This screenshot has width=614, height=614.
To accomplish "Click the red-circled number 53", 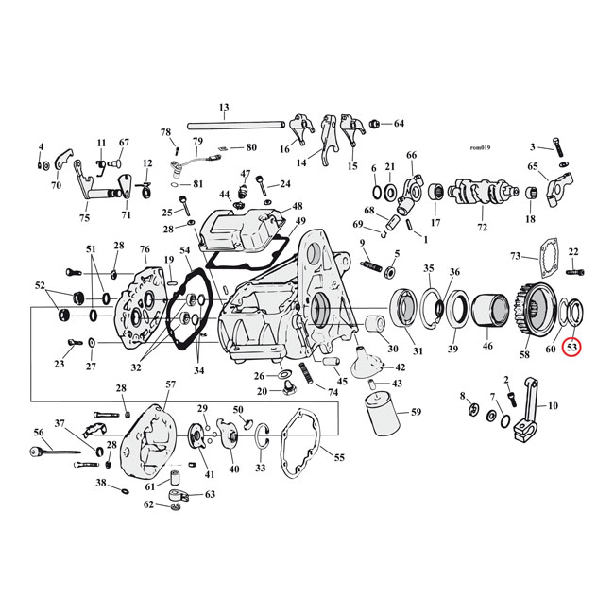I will pyautogui.click(x=572, y=348).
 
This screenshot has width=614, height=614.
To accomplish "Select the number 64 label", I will pyautogui.click(x=398, y=124).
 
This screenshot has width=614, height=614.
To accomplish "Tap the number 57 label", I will pyautogui.click(x=170, y=384).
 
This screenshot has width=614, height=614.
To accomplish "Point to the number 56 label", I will pyautogui.click(x=39, y=432).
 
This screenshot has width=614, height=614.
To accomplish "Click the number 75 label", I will pyautogui.click(x=84, y=218).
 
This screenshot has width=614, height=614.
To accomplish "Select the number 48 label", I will pyautogui.click(x=297, y=206).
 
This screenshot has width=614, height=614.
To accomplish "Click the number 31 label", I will pyautogui.click(x=417, y=352).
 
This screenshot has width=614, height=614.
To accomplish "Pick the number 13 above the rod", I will pyautogui.click(x=224, y=107).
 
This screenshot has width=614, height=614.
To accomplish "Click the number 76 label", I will pyautogui.click(x=145, y=249).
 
